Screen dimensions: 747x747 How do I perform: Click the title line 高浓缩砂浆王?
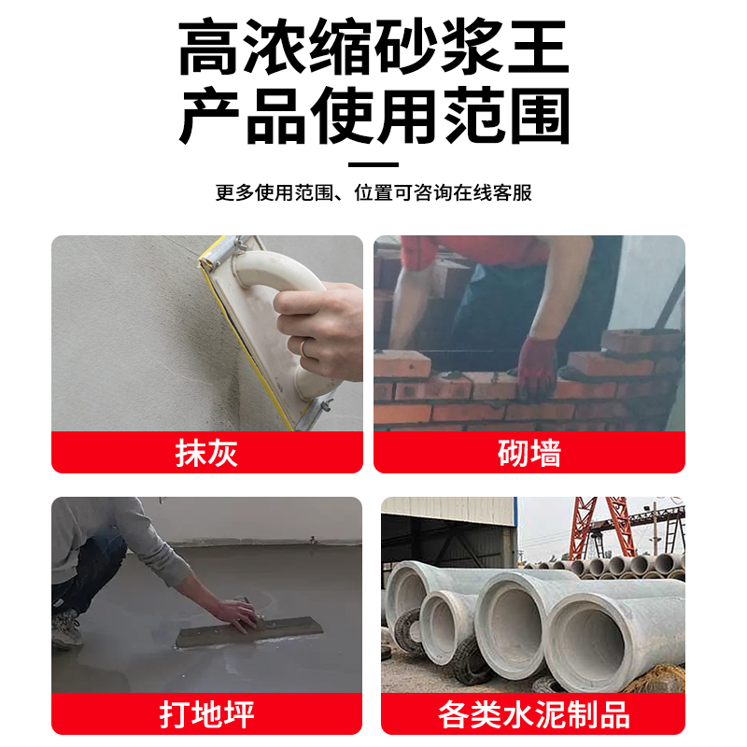point(373,49)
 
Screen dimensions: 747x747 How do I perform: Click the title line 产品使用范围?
point(373,118)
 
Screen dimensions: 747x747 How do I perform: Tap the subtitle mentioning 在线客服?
point(373,193)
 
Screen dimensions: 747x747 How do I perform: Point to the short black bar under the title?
point(373,164)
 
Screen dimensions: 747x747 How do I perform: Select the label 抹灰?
point(206,453)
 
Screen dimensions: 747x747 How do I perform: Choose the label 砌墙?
point(529,453)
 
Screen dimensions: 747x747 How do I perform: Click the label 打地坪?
point(206,714)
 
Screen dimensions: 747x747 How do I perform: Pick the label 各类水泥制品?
point(533,714)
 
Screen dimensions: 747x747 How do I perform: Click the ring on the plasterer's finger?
point(303,347)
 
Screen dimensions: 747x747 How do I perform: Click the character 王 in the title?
point(537,49)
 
